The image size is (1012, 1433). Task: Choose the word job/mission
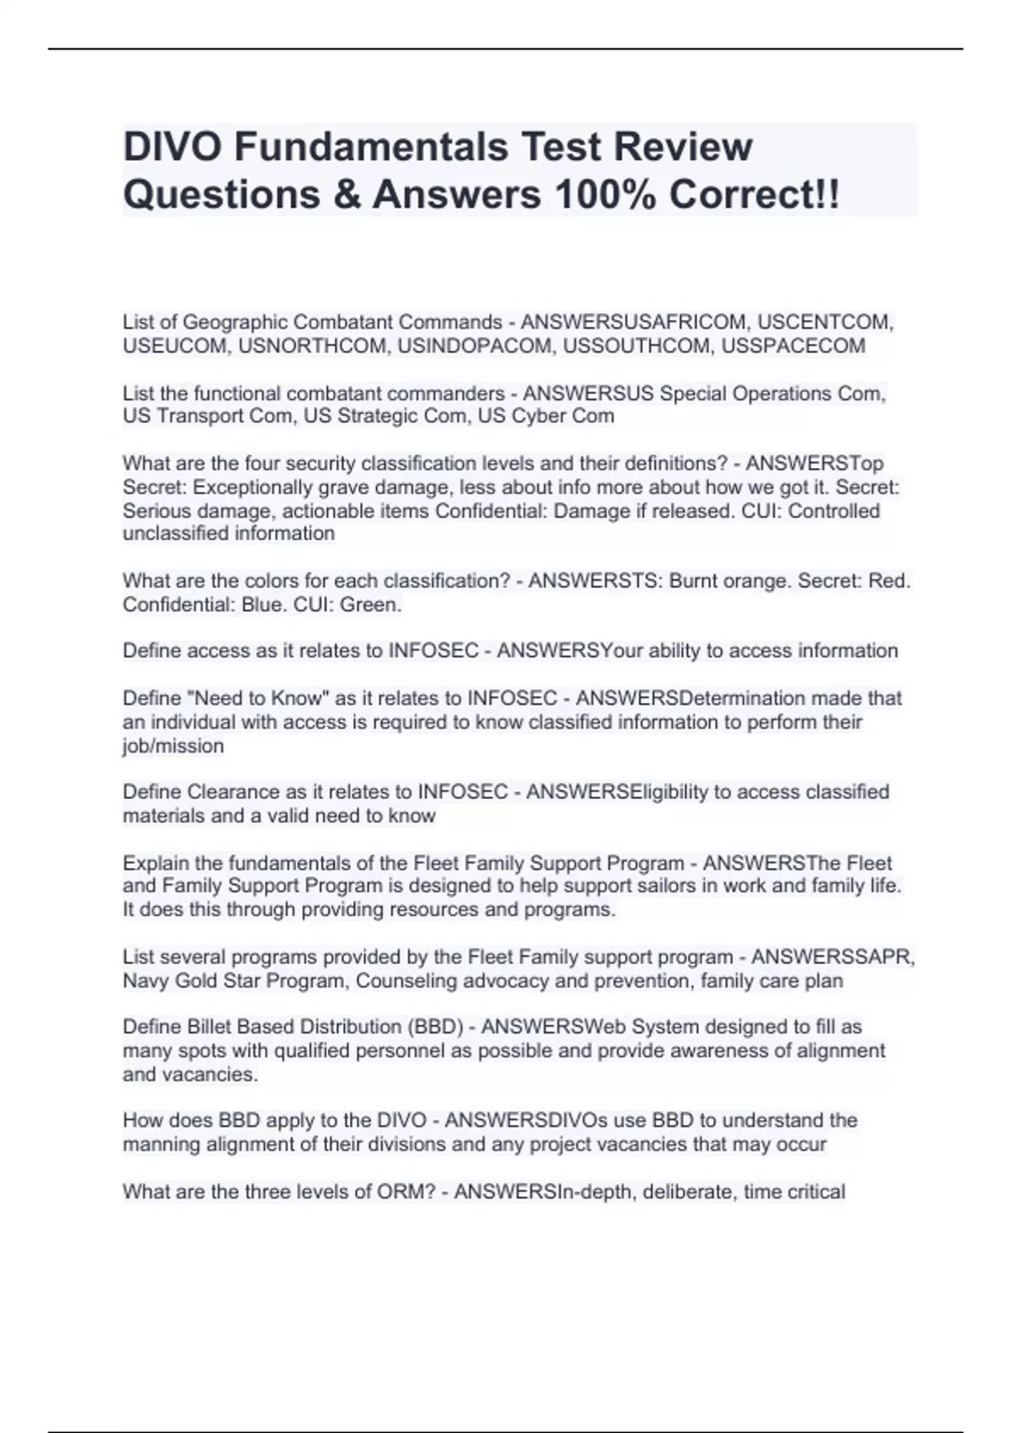click(173, 746)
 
